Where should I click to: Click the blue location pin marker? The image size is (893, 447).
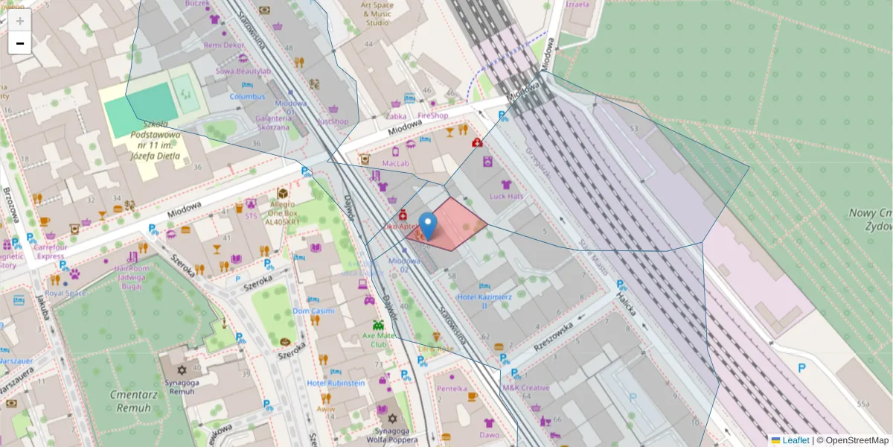pyautogui.click(x=428, y=226)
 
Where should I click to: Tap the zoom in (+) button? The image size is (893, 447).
pyautogui.click(x=20, y=21)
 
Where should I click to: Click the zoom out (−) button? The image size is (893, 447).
pyautogui.click(x=20, y=43)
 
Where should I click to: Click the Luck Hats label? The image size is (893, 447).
pyautogui.click(x=506, y=196)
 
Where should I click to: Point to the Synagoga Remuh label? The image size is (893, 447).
pyautogui.click(x=182, y=386)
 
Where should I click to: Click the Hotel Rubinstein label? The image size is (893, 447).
pyautogui.click(x=336, y=383)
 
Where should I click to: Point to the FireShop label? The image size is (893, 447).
pyautogui.click(x=432, y=115)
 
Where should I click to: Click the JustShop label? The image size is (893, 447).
pyautogui.click(x=333, y=121)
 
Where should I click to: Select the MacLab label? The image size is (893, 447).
pyautogui.click(x=396, y=162)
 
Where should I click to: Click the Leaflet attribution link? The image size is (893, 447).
pyautogui.click(x=796, y=440)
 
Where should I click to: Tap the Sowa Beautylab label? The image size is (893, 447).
pyautogui.click(x=242, y=71)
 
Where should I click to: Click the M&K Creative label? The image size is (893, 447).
pyautogui.click(x=525, y=387)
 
